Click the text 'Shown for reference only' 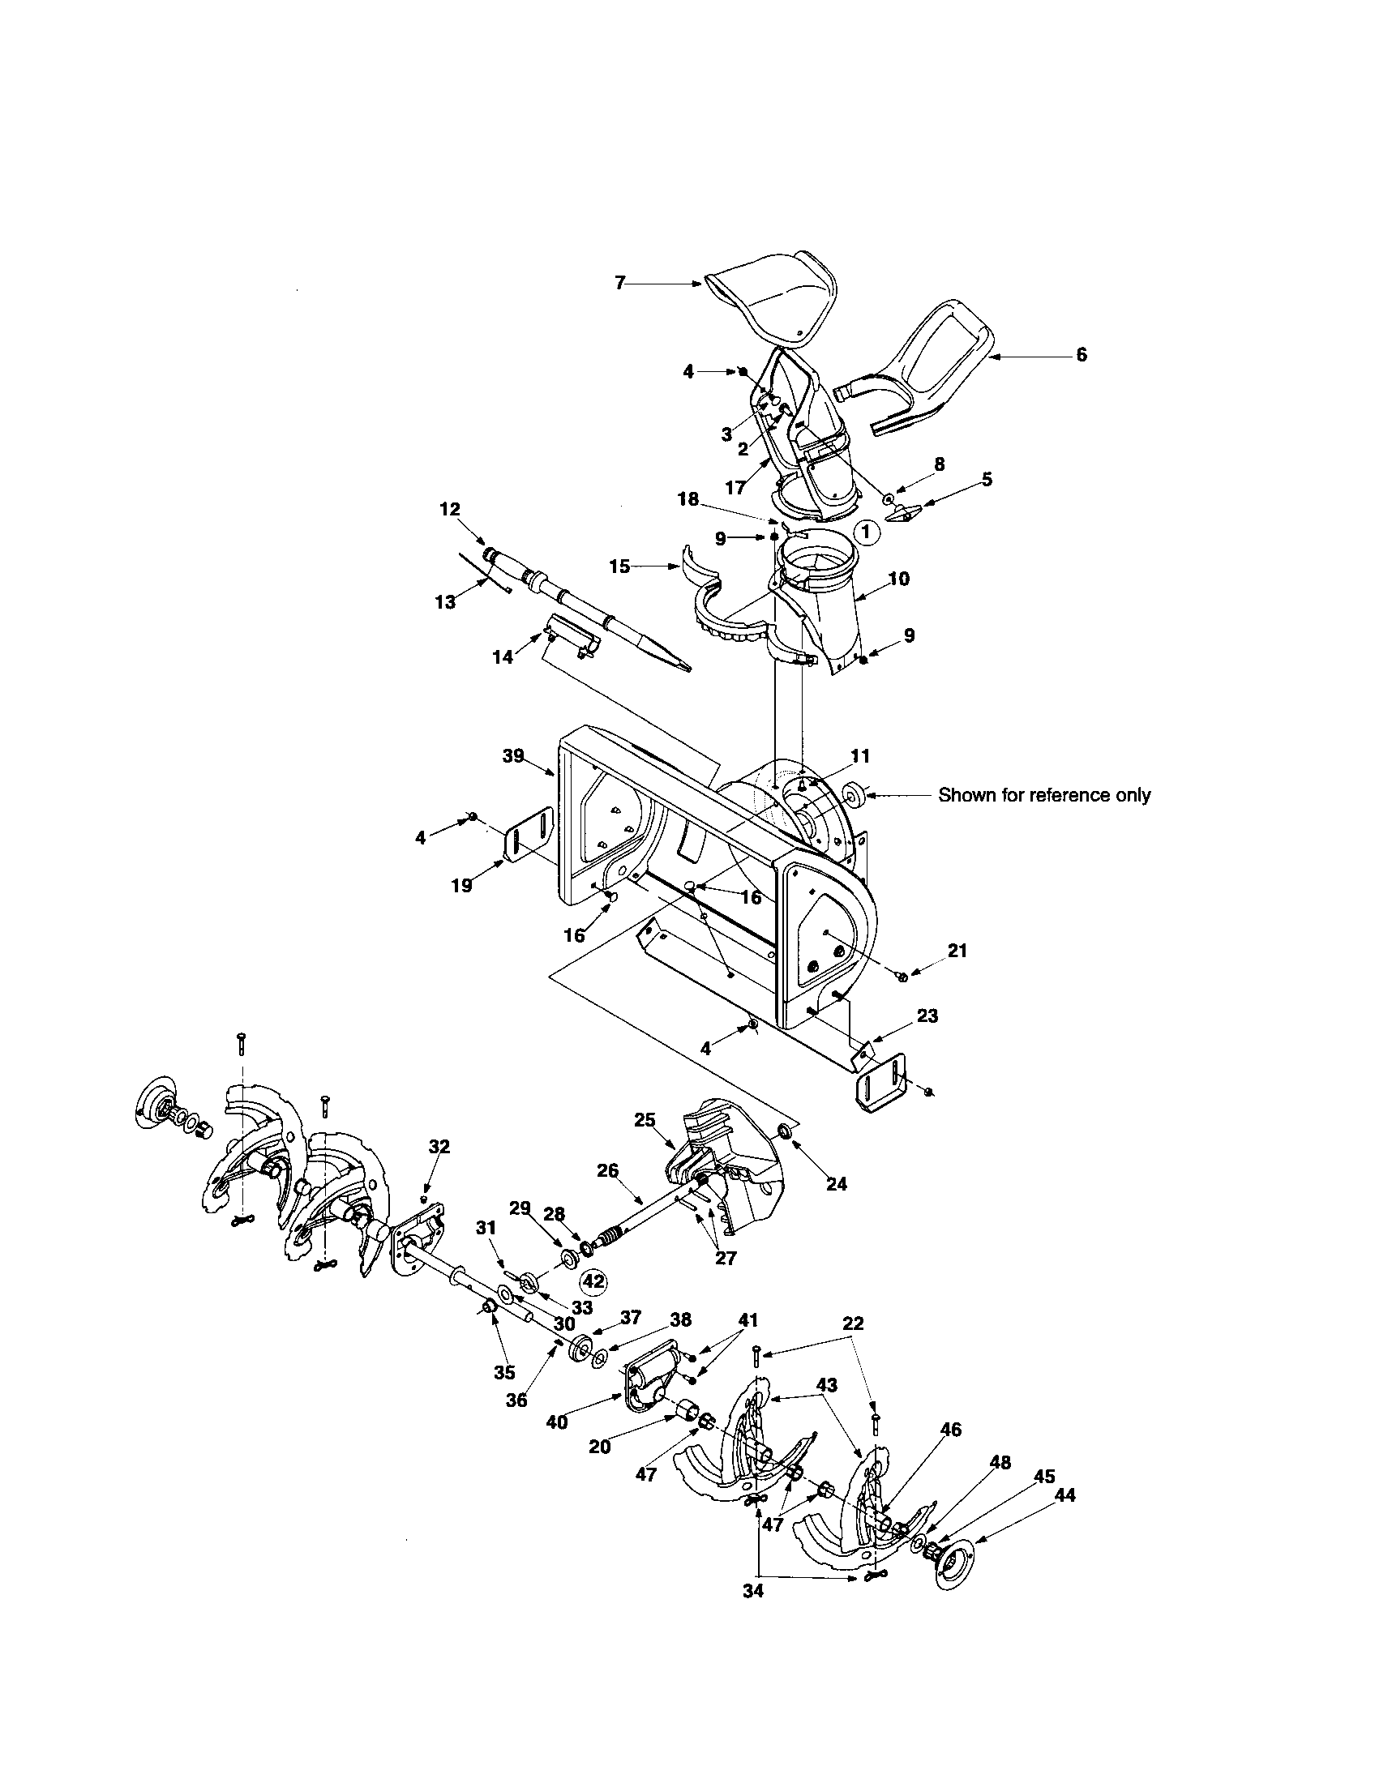[x=1043, y=794]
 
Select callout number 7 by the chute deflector [x=619, y=284]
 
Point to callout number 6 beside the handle [x=1081, y=355]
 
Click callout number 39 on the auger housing [x=512, y=756]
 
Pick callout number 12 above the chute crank [x=450, y=509]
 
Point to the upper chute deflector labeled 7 [x=772, y=302]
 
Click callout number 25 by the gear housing [x=645, y=1120]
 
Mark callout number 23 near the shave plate [x=927, y=1015]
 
